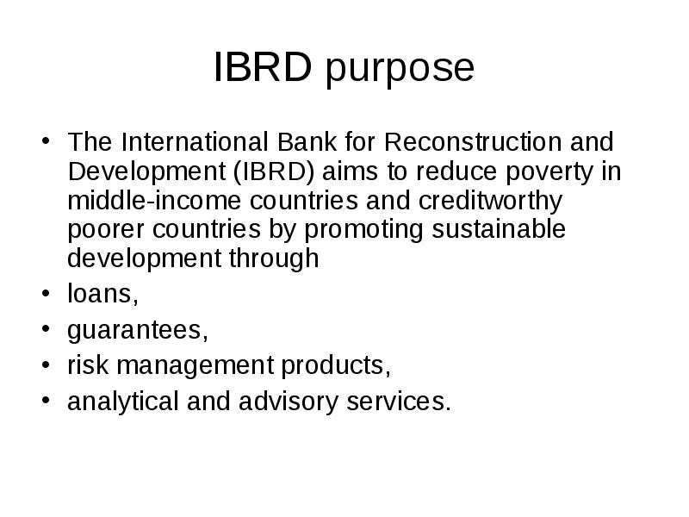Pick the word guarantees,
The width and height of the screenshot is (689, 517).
pos(138,331)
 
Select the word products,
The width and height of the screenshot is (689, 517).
pos(335,367)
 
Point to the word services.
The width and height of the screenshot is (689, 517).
pos(403,402)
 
